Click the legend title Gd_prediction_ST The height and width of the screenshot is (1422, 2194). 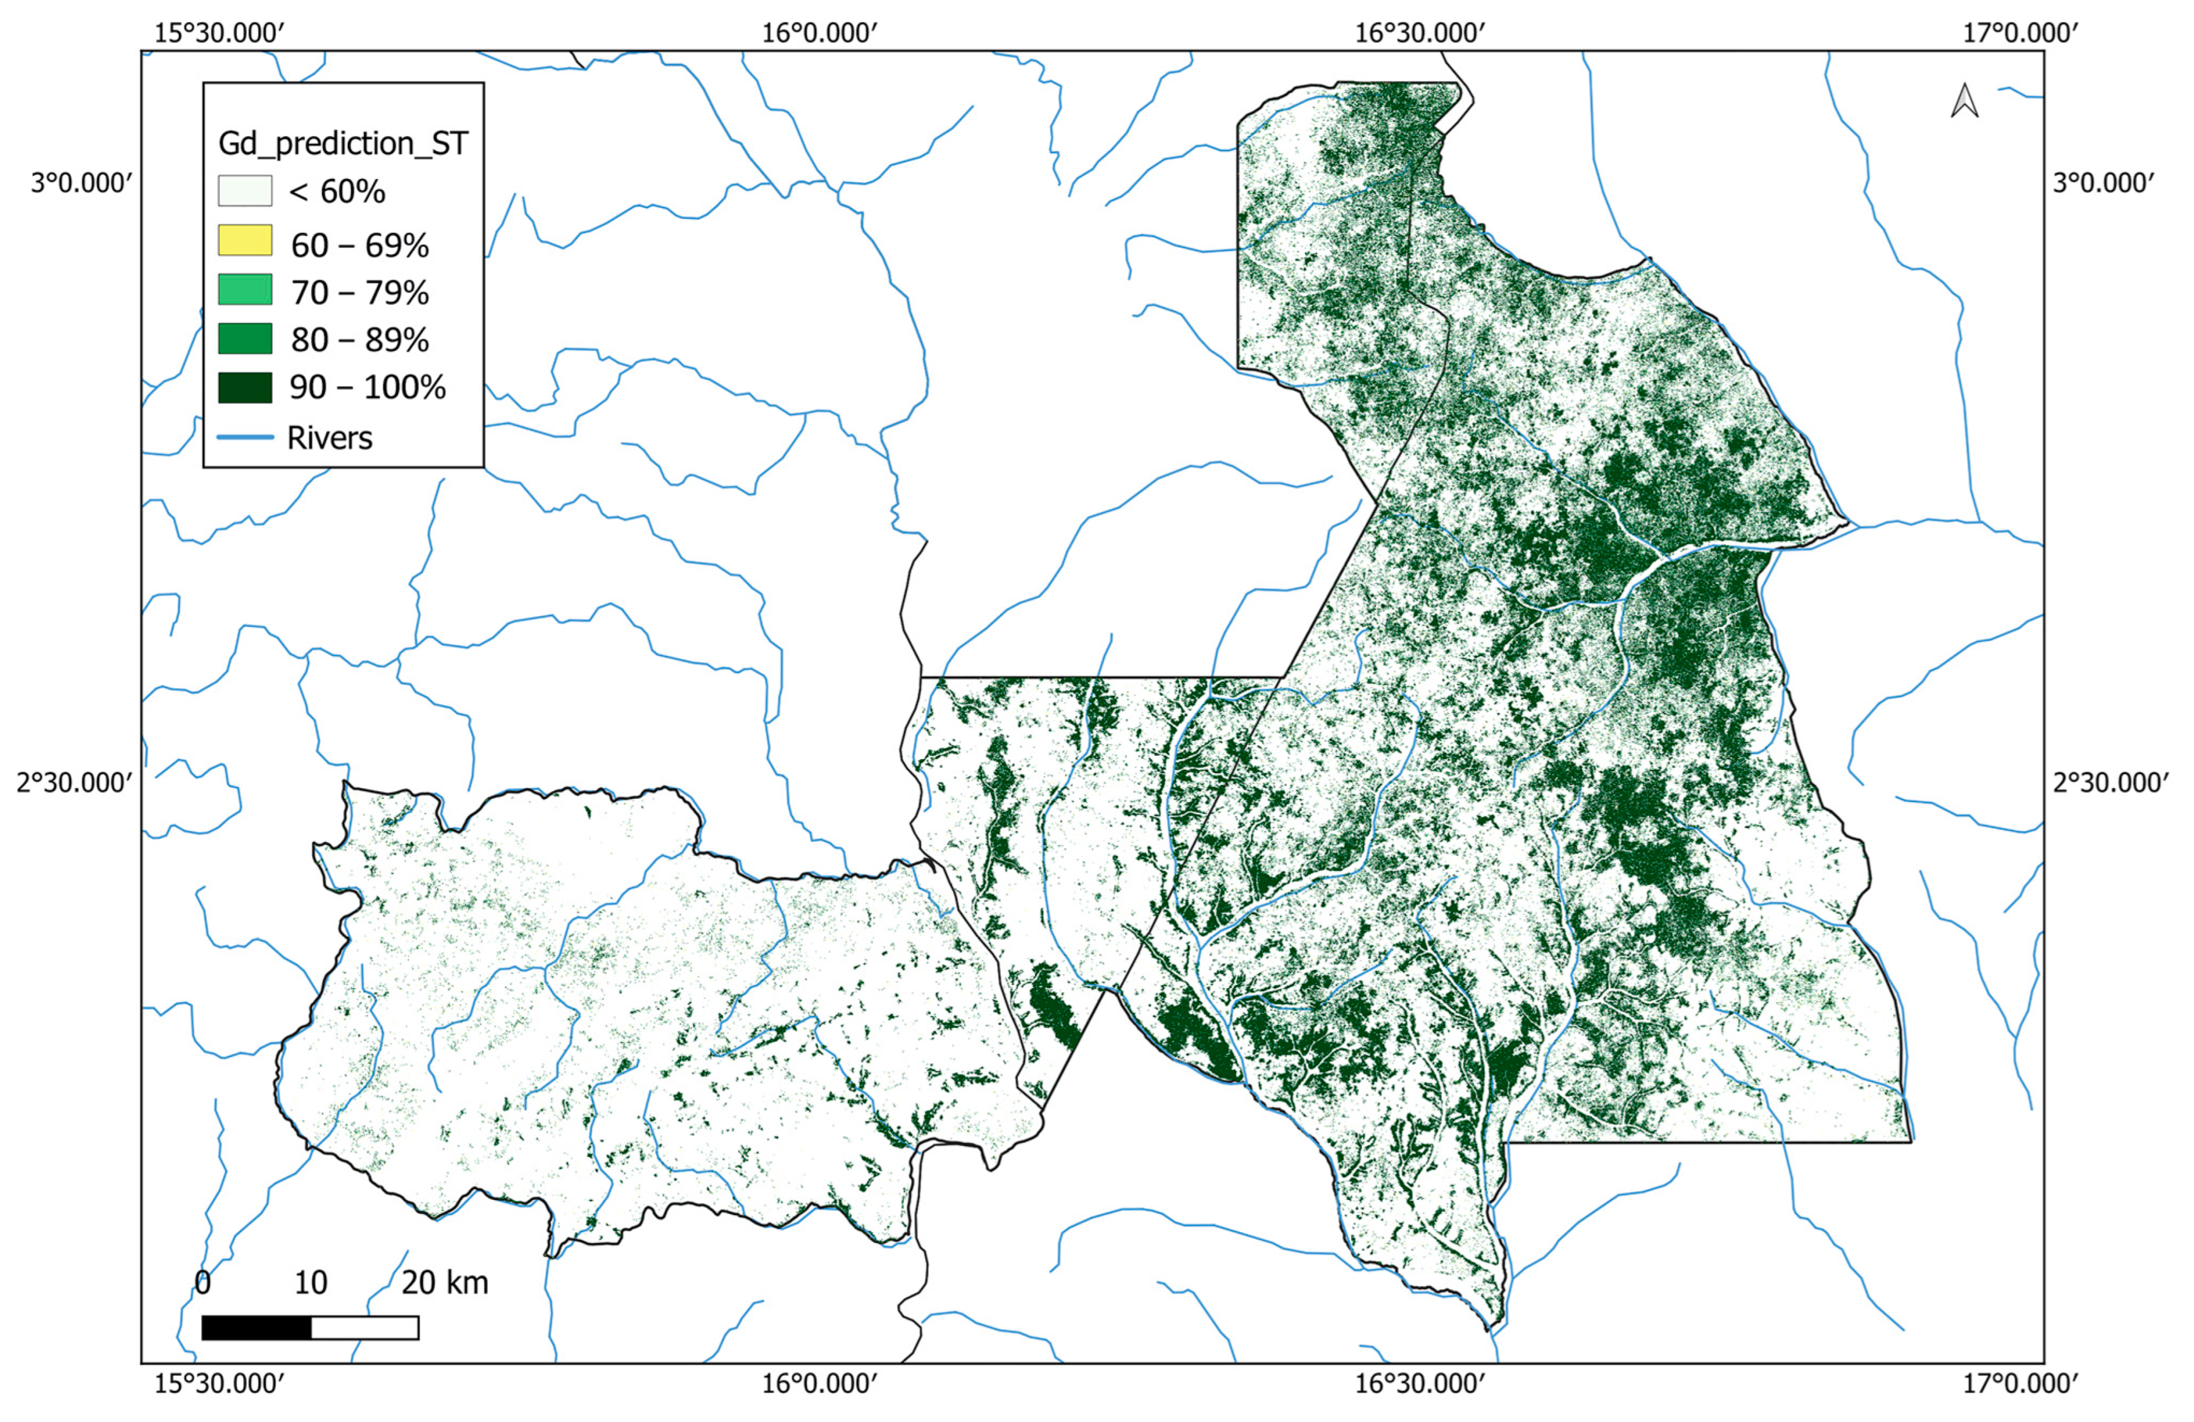point(343,144)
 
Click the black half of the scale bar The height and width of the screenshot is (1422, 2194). point(256,1327)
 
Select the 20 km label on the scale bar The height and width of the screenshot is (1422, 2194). point(444,1282)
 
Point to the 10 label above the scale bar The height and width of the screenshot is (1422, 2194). point(311,1282)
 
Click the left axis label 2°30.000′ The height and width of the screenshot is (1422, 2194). point(75,783)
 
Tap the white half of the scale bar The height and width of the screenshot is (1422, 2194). point(365,1327)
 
